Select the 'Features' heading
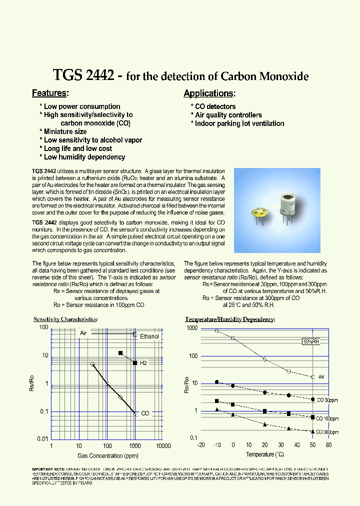pyautogui.click(x=49, y=93)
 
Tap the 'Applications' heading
pyautogui.click(x=208, y=93)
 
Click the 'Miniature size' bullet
pyautogui.click(x=65, y=131)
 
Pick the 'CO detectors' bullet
pyautogui.click(x=215, y=106)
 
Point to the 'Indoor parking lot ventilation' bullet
pyautogui.click(x=239, y=123)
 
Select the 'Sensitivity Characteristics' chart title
pyautogui.click(x=65, y=319)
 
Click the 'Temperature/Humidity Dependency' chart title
pyautogui.click(x=230, y=319)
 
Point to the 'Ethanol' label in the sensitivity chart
pyautogui.click(x=149, y=336)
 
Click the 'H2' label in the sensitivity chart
pyautogui.click(x=143, y=363)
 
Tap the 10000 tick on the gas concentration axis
pyautogui.click(x=163, y=445)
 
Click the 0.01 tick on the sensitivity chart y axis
pyautogui.click(x=42, y=439)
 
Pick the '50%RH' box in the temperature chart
pyautogui.click(x=310, y=342)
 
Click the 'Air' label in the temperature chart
pyautogui.click(x=322, y=377)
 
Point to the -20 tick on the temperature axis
pyautogui.click(x=201, y=445)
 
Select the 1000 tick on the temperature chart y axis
pyautogui.click(x=192, y=328)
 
